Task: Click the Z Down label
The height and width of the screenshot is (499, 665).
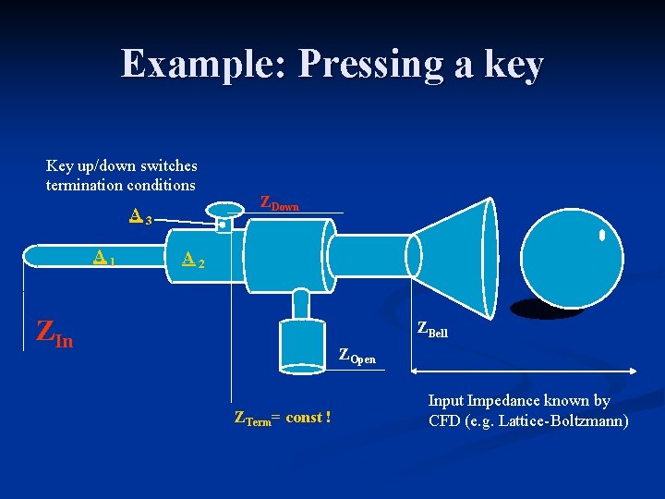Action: click(279, 203)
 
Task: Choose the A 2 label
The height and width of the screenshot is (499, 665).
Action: click(192, 261)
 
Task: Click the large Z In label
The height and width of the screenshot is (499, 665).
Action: click(54, 333)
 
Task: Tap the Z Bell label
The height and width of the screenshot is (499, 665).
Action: click(432, 329)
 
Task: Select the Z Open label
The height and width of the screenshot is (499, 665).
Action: click(357, 356)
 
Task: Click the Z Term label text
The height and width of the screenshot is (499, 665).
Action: click(255, 419)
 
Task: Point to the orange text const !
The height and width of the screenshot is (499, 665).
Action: click(308, 418)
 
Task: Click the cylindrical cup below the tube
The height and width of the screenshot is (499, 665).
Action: click(303, 346)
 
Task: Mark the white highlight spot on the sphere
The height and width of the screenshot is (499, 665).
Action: click(601, 236)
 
